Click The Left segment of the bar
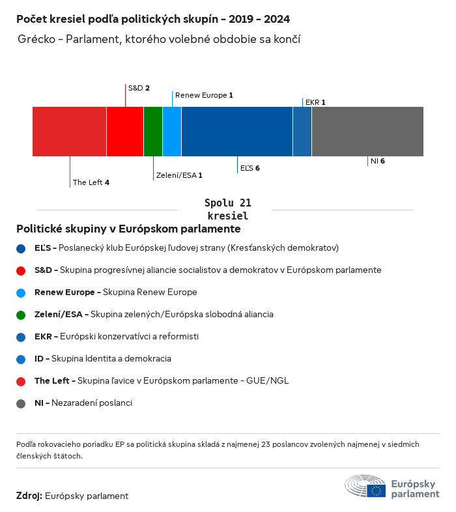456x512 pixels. tap(69, 132)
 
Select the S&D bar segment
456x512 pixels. tap(125, 132)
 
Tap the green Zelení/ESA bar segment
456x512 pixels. tap(153, 132)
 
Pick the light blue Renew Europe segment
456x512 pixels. tap(172, 132)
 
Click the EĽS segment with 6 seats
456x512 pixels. tap(237, 132)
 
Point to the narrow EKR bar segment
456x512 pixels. tap(302, 132)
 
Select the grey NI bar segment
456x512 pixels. tap(367, 132)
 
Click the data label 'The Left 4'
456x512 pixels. tap(91, 182)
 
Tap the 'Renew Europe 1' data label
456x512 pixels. tap(204, 95)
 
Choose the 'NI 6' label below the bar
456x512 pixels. tap(378, 161)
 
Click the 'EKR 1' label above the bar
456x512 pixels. tap(315, 102)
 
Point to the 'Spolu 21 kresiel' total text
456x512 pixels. tap(228, 209)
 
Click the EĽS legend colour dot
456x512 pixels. tap(21, 248)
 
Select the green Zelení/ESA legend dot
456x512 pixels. tap(21, 315)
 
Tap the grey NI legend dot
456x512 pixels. tap(21, 403)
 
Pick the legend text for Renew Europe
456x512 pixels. tap(115, 292)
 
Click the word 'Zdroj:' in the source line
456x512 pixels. tap(29, 496)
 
